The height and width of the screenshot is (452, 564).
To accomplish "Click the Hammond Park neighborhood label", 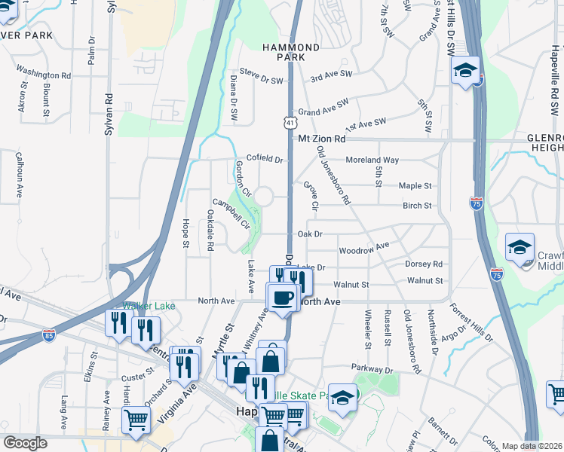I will [x=291, y=52].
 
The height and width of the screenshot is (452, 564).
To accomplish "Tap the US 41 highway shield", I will [x=290, y=122].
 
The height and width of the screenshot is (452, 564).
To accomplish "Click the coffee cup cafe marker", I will [x=282, y=298].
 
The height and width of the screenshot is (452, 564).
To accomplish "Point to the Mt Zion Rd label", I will [x=321, y=139].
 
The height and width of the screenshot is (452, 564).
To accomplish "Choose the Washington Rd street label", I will [x=43, y=75].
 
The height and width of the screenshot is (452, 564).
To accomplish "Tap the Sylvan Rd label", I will [x=110, y=108].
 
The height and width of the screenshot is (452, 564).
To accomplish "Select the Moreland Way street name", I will [x=372, y=160].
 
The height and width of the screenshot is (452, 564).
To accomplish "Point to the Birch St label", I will [x=417, y=205].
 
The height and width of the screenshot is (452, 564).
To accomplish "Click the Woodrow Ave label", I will [x=363, y=248].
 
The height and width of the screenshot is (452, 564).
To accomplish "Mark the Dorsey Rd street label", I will [x=423, y=264].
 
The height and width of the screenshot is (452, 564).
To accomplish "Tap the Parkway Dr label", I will [x=372, y=370].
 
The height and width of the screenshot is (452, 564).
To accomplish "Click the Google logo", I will [x=25, y=443].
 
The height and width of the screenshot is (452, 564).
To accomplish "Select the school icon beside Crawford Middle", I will [x=519, y=249].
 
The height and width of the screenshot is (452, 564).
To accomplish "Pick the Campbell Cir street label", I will [x=230, y=213].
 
